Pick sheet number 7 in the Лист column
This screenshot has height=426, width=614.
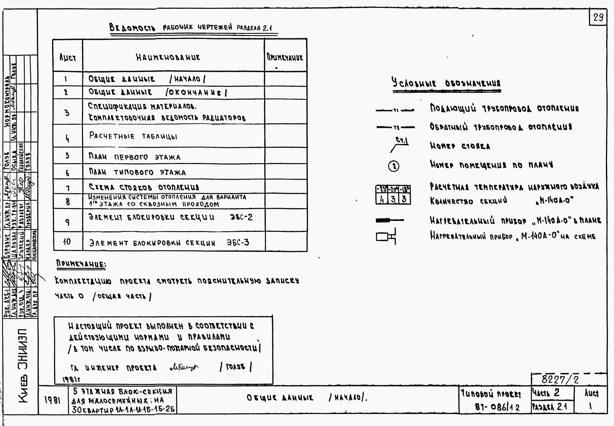pyautogui.click(x=68, y=188)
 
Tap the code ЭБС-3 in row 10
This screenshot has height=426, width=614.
pyautogui.click(x=238, y=242)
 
